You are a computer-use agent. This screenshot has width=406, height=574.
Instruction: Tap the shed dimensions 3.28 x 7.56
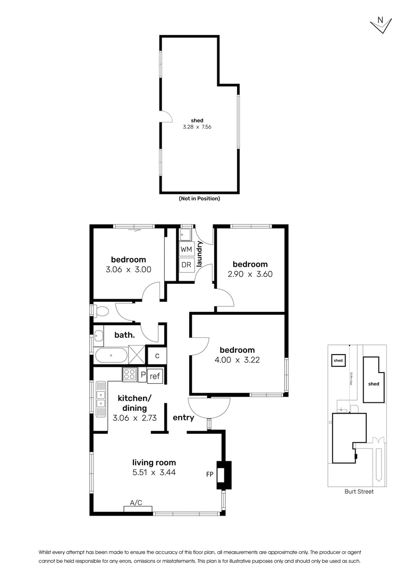197,127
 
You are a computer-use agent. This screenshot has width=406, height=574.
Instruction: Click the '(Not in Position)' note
199,199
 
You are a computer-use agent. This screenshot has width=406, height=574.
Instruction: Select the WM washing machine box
186,249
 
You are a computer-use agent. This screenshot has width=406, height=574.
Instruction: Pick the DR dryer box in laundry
186,264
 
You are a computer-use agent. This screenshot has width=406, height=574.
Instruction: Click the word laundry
200,254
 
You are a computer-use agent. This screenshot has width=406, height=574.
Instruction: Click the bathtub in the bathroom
111,354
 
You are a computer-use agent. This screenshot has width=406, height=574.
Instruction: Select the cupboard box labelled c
157,356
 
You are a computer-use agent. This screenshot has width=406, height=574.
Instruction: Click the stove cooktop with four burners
130,375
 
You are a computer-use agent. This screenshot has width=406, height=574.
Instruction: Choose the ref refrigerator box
155,376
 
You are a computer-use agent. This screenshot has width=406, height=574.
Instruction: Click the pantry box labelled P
142,375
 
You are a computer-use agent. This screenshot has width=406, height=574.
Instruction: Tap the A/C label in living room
137,503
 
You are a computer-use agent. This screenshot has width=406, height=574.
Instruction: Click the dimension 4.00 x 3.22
238,359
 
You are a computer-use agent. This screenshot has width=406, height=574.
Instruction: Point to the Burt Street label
359,492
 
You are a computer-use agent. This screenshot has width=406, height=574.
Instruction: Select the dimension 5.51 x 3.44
154,472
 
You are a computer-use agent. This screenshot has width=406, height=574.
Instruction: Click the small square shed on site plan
338,360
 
